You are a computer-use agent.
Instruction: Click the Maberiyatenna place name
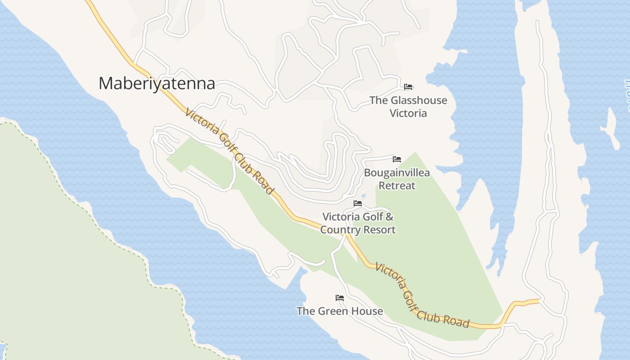click(157, 84)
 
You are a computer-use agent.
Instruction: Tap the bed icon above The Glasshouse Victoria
click(408, 87)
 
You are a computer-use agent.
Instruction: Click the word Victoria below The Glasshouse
click(408, 113)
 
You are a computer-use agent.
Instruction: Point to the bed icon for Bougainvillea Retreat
click(396, 159)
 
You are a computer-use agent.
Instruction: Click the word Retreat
click(396, 185)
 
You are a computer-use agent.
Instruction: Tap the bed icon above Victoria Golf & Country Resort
click(358, 203)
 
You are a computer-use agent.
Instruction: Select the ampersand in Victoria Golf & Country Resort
click(389, 217)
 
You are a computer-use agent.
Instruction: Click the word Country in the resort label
click(341, 230)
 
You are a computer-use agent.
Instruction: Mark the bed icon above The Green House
click(340, 298)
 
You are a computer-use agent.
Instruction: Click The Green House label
click(340, 311)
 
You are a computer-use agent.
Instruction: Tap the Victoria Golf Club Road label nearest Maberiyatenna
click(229, 151)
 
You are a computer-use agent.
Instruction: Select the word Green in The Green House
click(334, 311)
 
